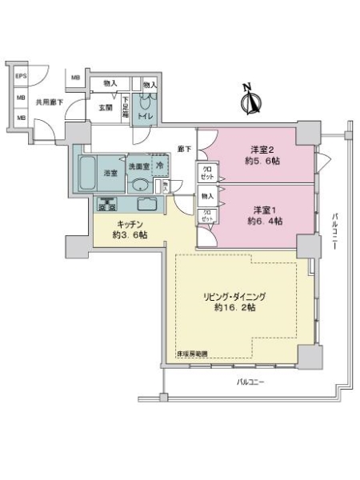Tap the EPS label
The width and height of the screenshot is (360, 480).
point(21,76)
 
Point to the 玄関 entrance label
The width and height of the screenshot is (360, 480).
point(105,106)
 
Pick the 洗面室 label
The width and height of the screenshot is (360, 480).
point(139,166)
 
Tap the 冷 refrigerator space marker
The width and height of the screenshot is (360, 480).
point(160,166)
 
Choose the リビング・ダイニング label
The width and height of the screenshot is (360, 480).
point(230,295)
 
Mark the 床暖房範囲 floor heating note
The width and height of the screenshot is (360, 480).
point(190,354)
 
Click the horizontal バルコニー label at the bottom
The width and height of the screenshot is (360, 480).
point(250,382)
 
